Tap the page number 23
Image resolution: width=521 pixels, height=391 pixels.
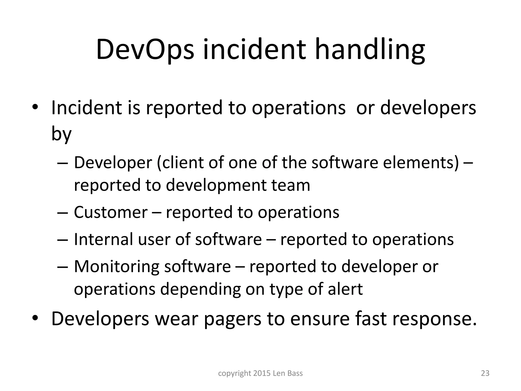485,373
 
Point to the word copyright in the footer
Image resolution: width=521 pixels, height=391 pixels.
235,373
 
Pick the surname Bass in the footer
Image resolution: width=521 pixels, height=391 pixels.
295,373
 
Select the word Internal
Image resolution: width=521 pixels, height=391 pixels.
104,239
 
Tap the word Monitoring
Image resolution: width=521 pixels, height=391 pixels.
117,267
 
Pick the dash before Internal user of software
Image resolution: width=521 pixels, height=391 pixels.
63,240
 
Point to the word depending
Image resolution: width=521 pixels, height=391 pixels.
200,289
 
